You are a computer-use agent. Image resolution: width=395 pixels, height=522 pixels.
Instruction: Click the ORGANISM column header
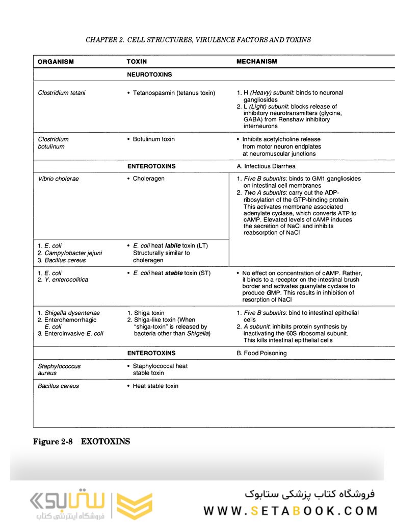56,62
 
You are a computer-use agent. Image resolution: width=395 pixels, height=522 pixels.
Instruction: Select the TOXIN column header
137,62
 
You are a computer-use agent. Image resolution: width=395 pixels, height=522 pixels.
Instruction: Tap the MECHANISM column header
257,62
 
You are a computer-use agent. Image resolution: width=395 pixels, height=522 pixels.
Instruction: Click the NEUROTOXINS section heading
149,74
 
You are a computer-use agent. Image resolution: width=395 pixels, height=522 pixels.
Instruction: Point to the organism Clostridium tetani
62,93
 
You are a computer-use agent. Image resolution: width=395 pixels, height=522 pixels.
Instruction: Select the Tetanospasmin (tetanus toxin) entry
174,93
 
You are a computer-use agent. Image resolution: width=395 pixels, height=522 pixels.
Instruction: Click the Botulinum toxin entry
153,139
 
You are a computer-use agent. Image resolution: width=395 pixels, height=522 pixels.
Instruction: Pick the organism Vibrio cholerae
58,179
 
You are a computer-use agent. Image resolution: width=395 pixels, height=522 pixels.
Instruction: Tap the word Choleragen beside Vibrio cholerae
148,179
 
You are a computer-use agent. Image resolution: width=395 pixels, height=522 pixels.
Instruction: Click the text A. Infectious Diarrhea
266,166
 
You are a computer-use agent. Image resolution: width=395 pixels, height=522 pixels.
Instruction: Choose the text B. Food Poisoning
261,353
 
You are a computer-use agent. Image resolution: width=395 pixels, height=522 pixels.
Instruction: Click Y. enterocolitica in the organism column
66,280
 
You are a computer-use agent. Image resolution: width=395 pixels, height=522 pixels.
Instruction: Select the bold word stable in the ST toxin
173,273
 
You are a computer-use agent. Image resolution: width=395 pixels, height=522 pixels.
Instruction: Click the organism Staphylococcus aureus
59,369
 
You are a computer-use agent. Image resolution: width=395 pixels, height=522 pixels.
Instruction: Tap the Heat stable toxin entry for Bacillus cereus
155,386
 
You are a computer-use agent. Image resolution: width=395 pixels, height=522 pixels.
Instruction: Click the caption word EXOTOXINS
106,442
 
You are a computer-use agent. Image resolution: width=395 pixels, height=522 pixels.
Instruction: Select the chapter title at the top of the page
198,40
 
